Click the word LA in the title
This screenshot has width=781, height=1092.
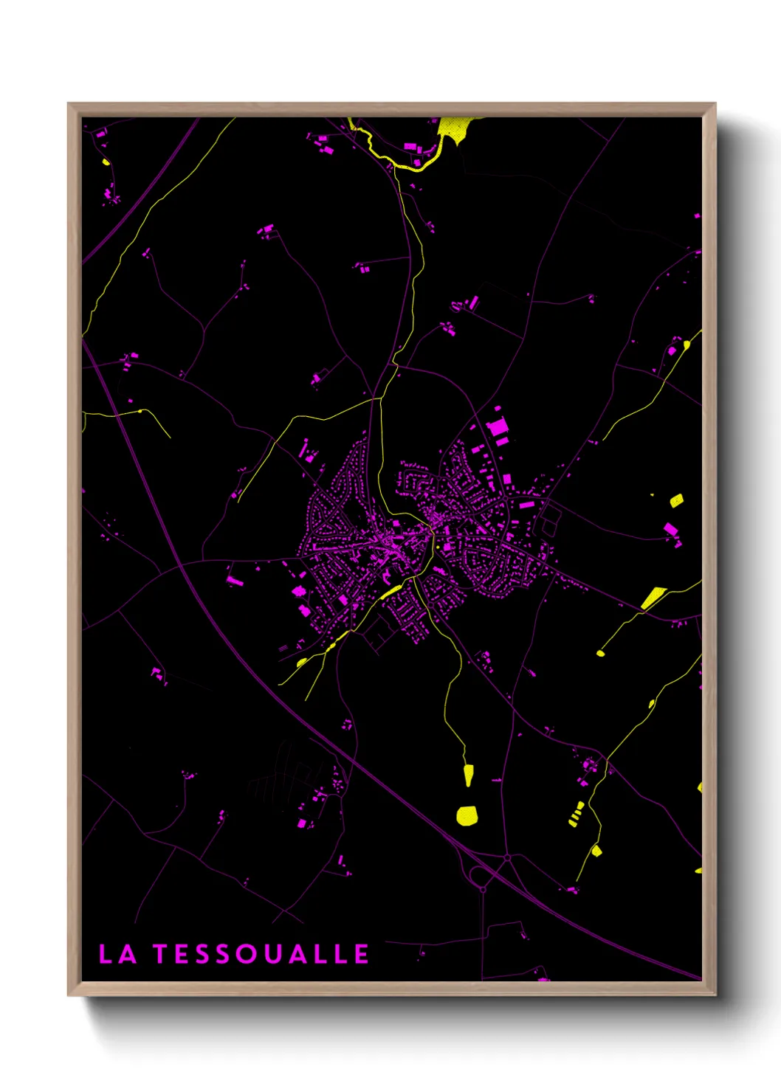click(117, 954)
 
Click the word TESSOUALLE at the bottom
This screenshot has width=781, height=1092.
click(261, 954)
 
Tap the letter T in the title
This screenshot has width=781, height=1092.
click(161, 954)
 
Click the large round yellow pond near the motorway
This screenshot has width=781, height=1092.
click(467, 815)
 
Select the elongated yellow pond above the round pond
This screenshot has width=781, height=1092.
click(468, 775)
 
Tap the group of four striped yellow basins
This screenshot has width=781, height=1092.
click(577, 814)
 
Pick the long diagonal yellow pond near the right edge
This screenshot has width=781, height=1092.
click(653, 597)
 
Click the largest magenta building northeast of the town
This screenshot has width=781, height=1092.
click(498, 427)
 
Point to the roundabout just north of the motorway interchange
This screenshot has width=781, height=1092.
click(507, 858)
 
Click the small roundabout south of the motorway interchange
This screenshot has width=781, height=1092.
click(483, 890)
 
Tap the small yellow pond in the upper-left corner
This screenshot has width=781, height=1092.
click(106, 162)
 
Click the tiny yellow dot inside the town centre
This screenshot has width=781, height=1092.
click(438, 547)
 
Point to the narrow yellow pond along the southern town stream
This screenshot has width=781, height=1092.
click(390, 592)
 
